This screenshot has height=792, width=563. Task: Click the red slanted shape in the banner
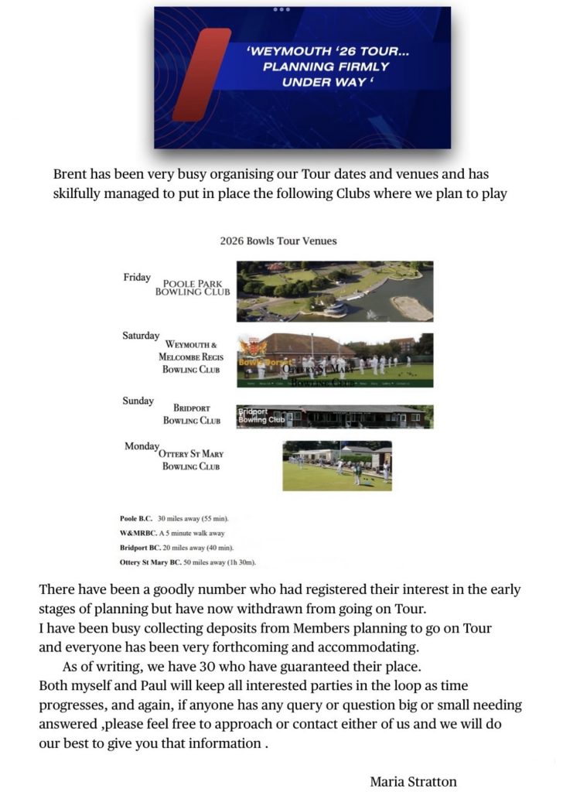[201, 75]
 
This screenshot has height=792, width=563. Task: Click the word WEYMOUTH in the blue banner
[285, 51]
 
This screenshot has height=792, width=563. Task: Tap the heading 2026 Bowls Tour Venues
[278, 241]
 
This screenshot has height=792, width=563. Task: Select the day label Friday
[137, 278]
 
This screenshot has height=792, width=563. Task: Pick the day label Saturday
[141, 336]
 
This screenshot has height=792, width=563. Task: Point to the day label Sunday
[138, 401]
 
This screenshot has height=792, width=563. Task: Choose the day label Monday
[141, 447]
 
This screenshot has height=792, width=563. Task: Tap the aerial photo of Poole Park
[334, 291]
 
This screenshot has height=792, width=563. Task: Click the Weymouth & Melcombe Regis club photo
[334, 360]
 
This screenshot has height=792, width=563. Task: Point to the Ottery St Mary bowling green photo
[336, 466]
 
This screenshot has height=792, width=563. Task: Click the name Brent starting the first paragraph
[71, 175]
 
